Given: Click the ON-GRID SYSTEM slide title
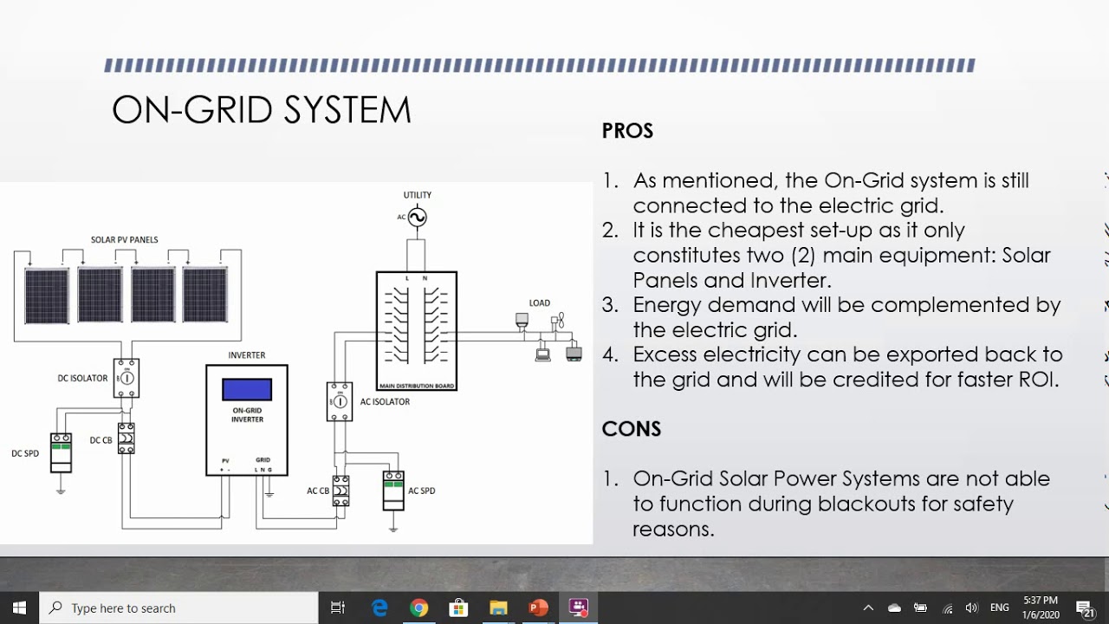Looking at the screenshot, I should click(261, 111).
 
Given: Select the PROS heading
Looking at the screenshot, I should click(627, 131).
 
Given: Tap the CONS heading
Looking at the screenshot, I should click(631, 429).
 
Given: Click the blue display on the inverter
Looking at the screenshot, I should click(247, 390).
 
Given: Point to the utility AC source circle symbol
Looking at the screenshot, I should click(418, 218).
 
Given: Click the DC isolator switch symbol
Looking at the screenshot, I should click(126, 378).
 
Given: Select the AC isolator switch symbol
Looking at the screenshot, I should click(340, 401).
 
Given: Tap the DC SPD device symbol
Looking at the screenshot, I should click(61, 452).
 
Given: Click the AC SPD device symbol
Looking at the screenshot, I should click(393, 491).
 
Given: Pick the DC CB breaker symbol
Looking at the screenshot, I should click(126, 439).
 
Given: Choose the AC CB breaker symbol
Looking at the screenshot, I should click(341, 491).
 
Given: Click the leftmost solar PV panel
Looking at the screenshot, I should click(47, 296).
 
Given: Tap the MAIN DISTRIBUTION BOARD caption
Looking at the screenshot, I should click(417, 386).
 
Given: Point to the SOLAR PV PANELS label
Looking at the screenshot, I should click(125, 240).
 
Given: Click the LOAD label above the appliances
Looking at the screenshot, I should click(540, 303).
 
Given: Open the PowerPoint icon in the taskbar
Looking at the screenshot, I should click(538, 608).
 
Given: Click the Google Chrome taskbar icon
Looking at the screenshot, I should click(418, 608).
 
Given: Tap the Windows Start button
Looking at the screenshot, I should click(19, 608).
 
